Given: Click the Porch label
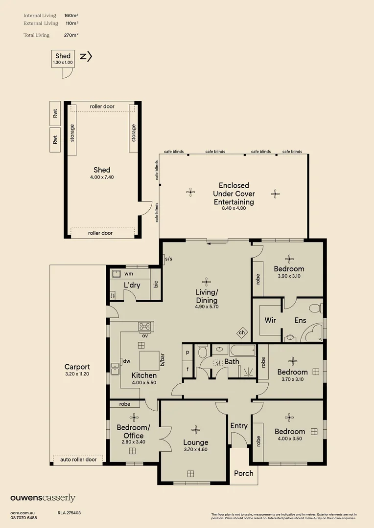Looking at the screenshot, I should [243, 473].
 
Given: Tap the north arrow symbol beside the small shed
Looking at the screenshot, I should [86, 57].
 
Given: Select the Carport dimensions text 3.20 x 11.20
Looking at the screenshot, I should [77, 374].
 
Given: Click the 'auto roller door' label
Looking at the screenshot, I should [78, 460].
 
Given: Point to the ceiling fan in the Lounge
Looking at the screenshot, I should [196, 429].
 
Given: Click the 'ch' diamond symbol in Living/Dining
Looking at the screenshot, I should [242, 332].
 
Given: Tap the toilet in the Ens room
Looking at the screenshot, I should [314, 308].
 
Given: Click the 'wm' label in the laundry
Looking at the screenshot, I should [129, 274].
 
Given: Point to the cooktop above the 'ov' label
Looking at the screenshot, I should [145, 326].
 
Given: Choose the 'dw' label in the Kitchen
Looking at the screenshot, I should [126, 361].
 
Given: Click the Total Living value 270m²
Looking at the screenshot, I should [71, 35].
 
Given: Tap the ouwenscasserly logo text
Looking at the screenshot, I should [43, 498].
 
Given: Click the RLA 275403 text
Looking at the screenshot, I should [69, 513].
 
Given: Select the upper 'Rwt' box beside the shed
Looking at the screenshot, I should [55, 113].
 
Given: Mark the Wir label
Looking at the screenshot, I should [269, 321].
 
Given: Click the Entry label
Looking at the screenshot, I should [239, 426].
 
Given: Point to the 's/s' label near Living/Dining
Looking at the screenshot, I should [168, 259].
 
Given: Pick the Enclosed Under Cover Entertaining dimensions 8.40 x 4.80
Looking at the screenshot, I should [234, 208].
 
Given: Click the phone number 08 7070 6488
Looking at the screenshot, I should [23, 518].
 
